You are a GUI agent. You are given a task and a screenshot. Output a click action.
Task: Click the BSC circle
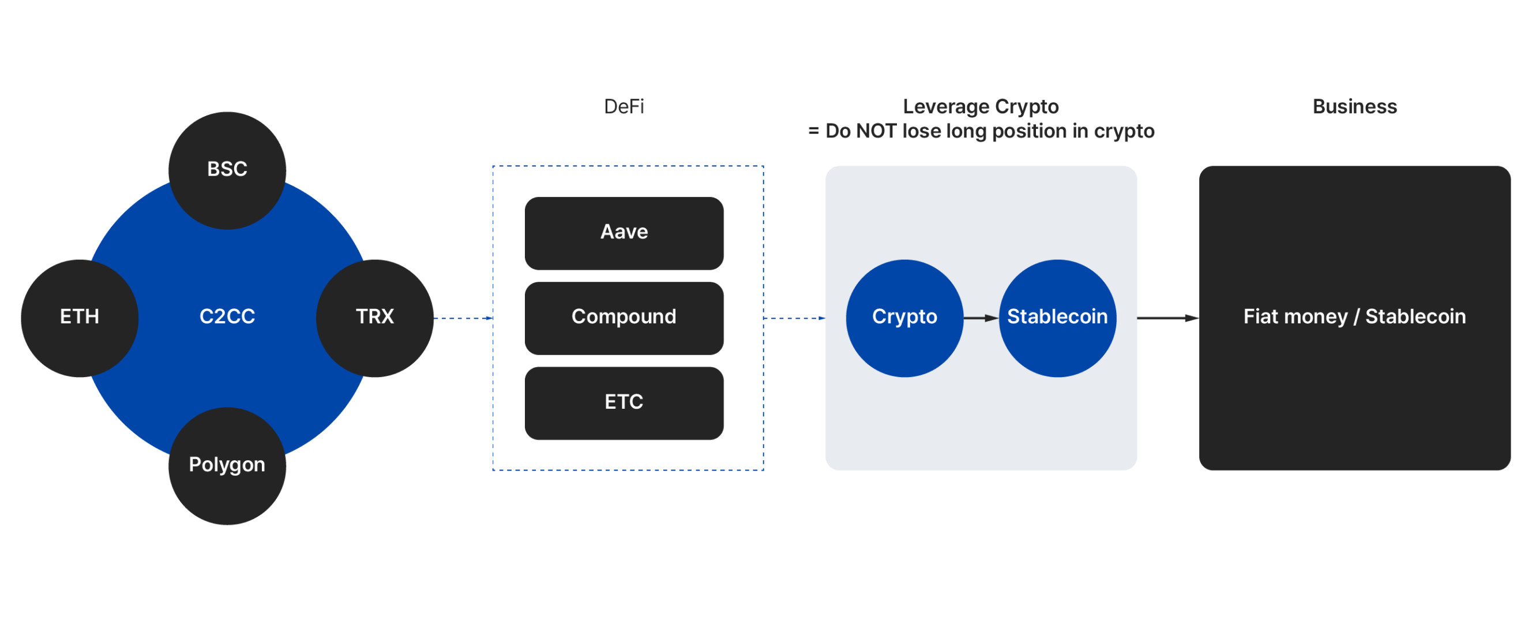[227, 170]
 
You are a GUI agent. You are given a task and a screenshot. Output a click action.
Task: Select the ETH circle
[80, 318]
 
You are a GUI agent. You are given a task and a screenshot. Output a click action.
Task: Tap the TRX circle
[375, 318]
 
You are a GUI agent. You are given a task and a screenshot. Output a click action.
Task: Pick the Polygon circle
[227, 465]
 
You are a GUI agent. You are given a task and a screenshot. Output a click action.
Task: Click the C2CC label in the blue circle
[227, 316]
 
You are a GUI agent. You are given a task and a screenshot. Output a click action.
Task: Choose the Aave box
[624, 233]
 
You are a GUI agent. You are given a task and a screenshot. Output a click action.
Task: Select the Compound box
[624, 318]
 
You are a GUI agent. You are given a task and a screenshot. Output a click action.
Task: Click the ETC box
[624, 403]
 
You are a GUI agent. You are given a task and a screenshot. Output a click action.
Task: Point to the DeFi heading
[624, 107]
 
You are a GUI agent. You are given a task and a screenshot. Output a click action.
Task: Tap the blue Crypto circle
[904, 318]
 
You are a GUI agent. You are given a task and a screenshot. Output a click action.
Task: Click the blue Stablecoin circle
[1057, 318]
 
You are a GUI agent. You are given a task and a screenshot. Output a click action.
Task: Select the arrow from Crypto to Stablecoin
[981, 318]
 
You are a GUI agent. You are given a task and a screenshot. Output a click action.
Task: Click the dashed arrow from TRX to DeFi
[463, 318]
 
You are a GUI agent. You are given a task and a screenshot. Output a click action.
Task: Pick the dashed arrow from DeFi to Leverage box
[794, 318]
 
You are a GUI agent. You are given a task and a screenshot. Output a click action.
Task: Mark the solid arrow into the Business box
[1167, 318]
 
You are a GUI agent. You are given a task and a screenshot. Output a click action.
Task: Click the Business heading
[1354, 107]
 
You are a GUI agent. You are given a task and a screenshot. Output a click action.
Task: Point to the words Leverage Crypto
[981, 107]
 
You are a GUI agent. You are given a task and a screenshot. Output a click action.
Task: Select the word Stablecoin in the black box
[1415, 316]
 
